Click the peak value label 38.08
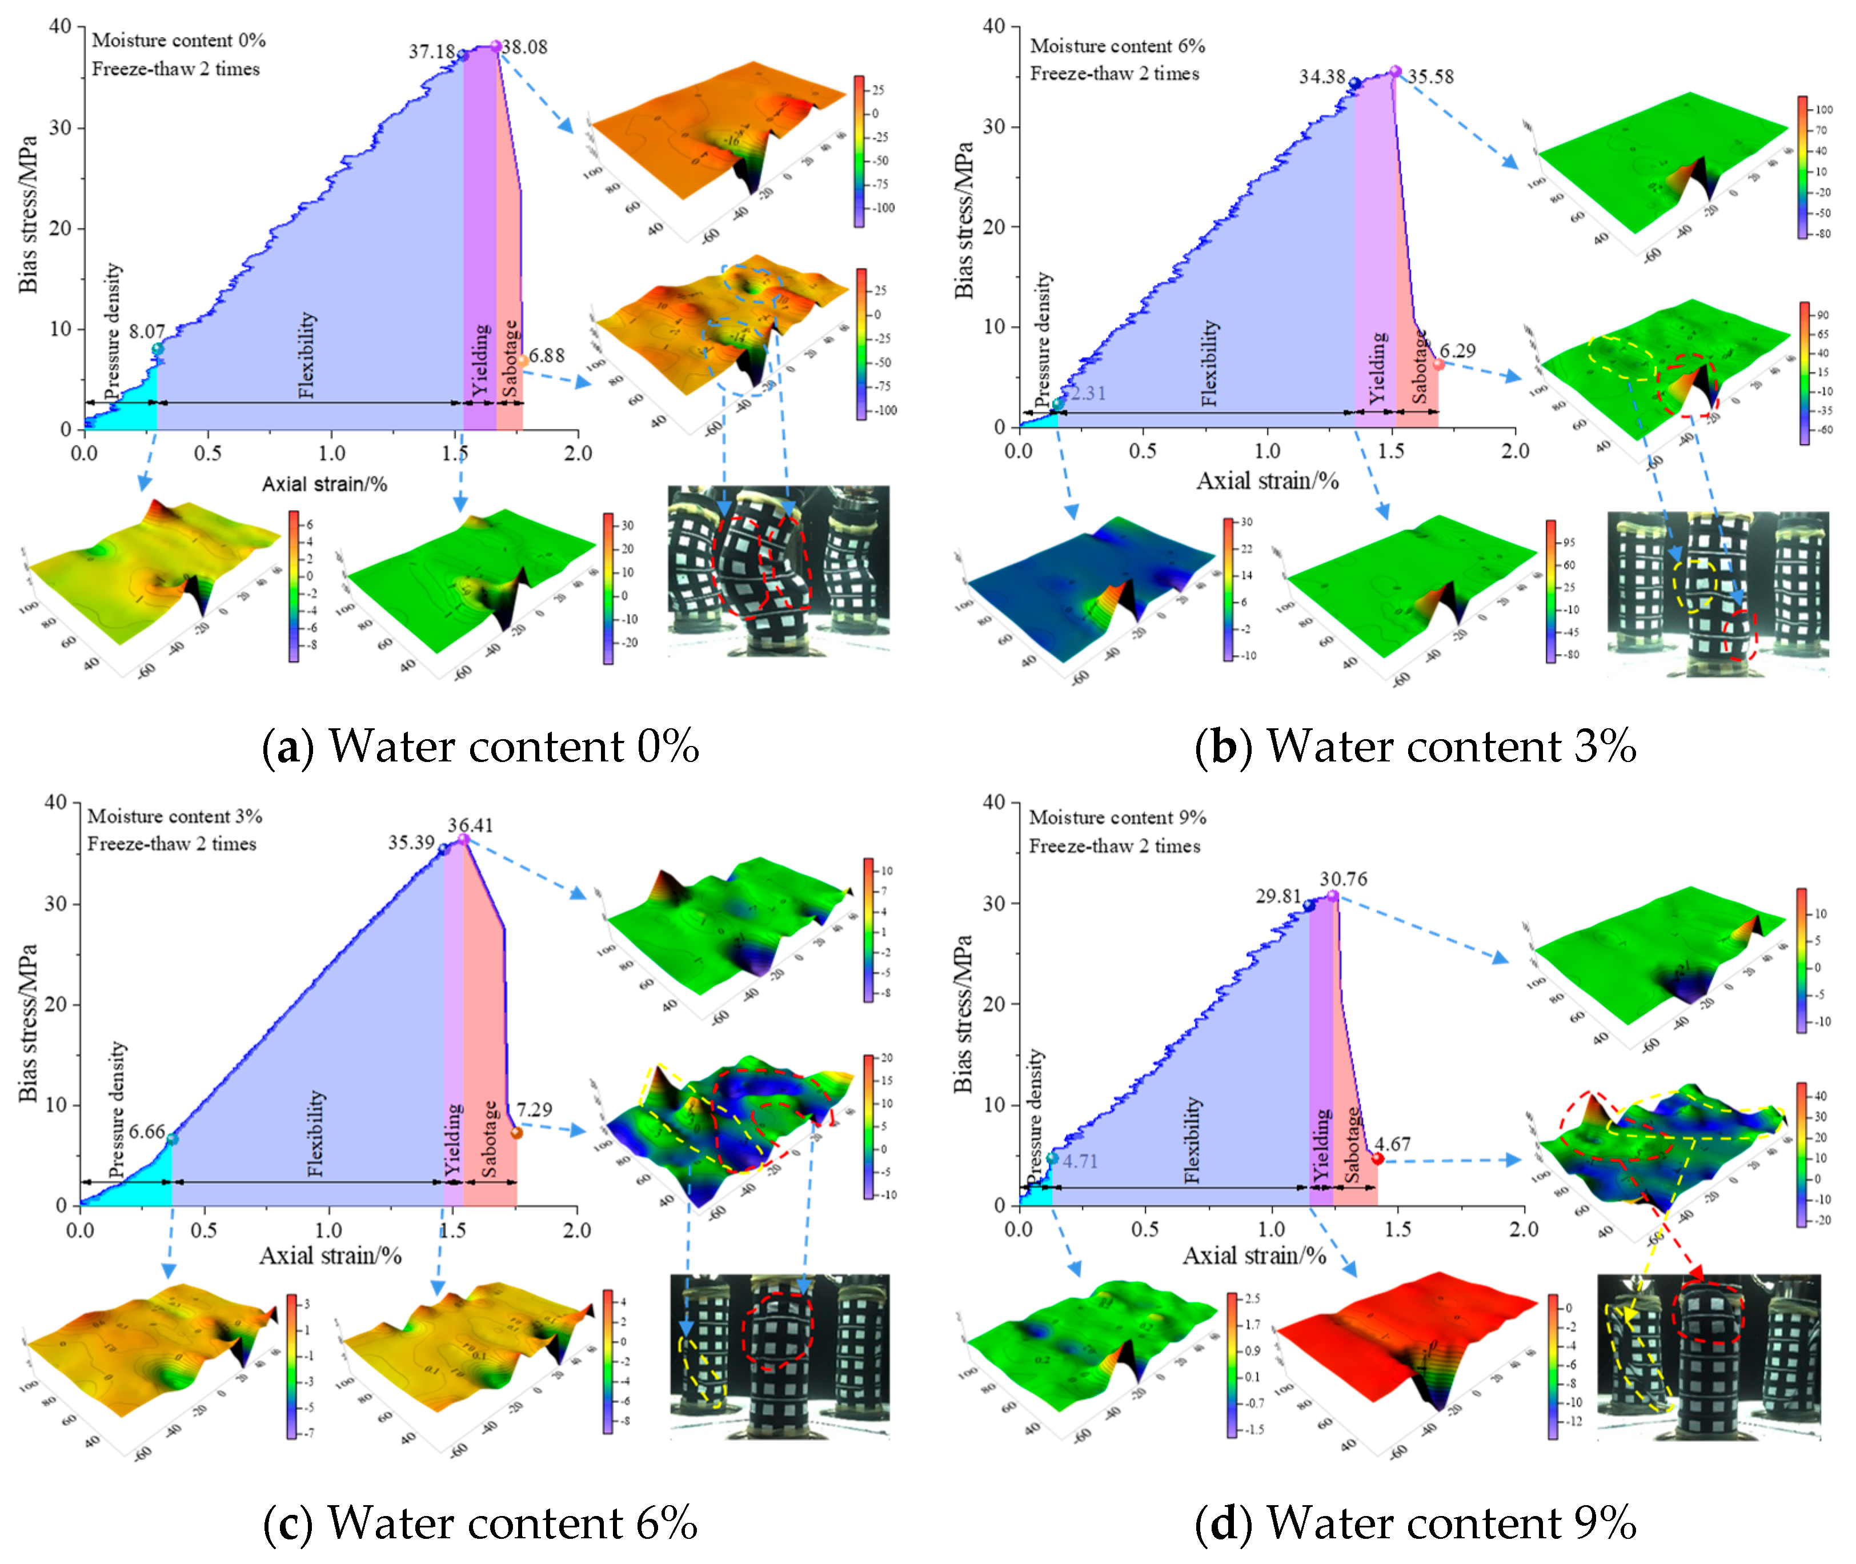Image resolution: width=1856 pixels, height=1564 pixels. [x=525, y=47]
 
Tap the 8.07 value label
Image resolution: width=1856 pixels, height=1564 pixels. [x=146, y=332]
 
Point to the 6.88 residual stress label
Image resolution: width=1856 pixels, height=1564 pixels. [x=547, y=355]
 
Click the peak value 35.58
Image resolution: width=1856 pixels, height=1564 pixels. [x=1431, y=76]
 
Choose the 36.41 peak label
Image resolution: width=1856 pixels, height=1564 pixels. [x=470, y=825]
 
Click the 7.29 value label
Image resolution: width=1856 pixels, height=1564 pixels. [x=535, y=1109]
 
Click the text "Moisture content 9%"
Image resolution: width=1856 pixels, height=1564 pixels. [x=1117, y=817]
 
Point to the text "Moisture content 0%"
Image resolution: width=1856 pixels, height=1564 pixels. [x=178, y=40]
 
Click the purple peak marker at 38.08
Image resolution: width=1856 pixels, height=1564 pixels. [x=496, y=46]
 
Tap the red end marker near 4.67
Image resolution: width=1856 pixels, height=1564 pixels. [x=1377, y=1159]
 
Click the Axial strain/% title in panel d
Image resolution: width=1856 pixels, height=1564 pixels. [x=1254, y=1256]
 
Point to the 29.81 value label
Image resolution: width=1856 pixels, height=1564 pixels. [x=1278, y=896]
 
